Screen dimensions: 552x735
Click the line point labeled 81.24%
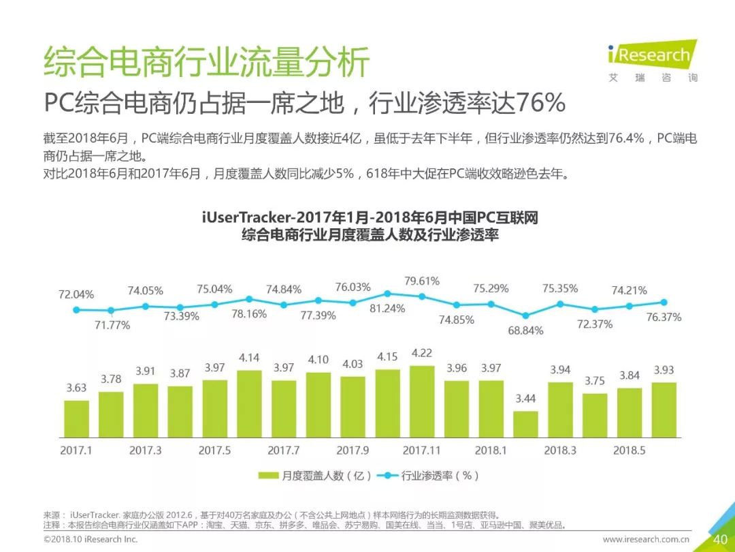(x=387, y=293)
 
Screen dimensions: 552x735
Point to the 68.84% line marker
(x=525, y=316)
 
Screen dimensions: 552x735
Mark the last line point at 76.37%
(x=664, y=303)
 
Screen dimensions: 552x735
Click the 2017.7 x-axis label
(x=284, y=450)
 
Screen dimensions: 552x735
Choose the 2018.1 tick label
(x=491, y=450)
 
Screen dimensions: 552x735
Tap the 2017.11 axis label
(x=422, y=450)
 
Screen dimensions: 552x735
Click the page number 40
(x=720, y=540)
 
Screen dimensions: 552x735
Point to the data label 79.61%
(x=422, y=281)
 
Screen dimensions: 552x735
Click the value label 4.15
(x=387, y=356)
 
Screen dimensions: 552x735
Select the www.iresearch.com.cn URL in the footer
(x=647, y=540)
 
